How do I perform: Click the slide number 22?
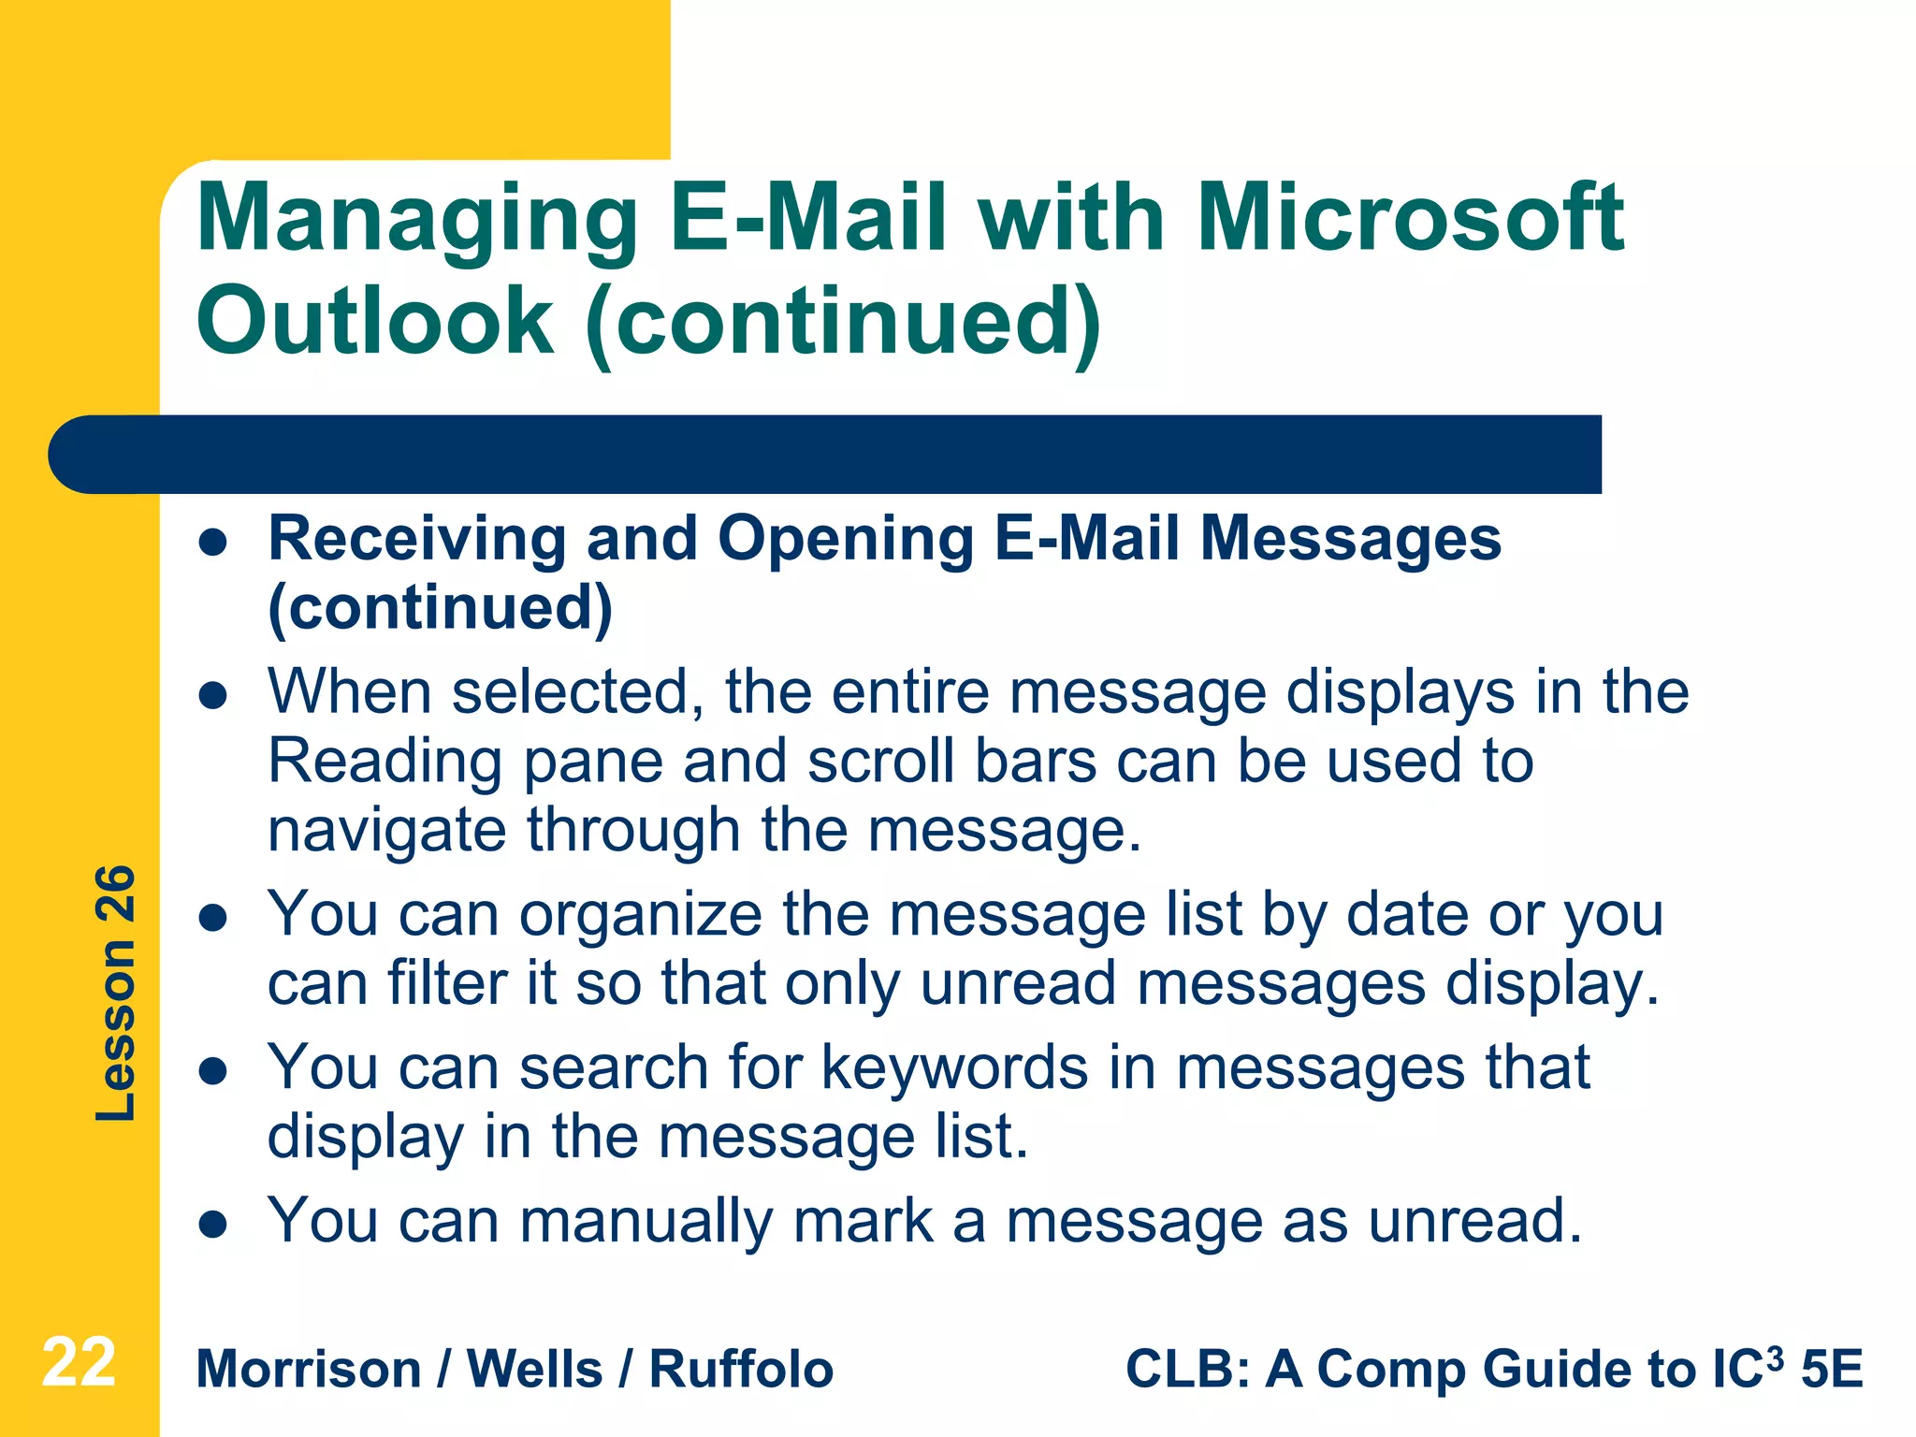(x=79, y=1363)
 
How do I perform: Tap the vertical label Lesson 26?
(x=116, y=994)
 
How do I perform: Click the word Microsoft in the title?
(x=1410, y=218)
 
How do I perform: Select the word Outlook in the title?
(x=375, y=321)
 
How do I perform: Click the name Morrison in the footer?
(x=309, y=1370)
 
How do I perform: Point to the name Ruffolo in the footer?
(x=740, y=1370)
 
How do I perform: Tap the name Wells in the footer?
(x=534, y=1370)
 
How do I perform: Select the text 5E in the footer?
(x=1832, y=1370)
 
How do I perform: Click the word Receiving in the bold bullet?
(x=417, y=540)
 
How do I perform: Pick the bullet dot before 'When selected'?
(x=214, y=696)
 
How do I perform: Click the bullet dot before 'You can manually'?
(x=214, y=1225)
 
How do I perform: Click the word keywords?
(x=954, y=1067)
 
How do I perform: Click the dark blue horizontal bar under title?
(x=823, y=455)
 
